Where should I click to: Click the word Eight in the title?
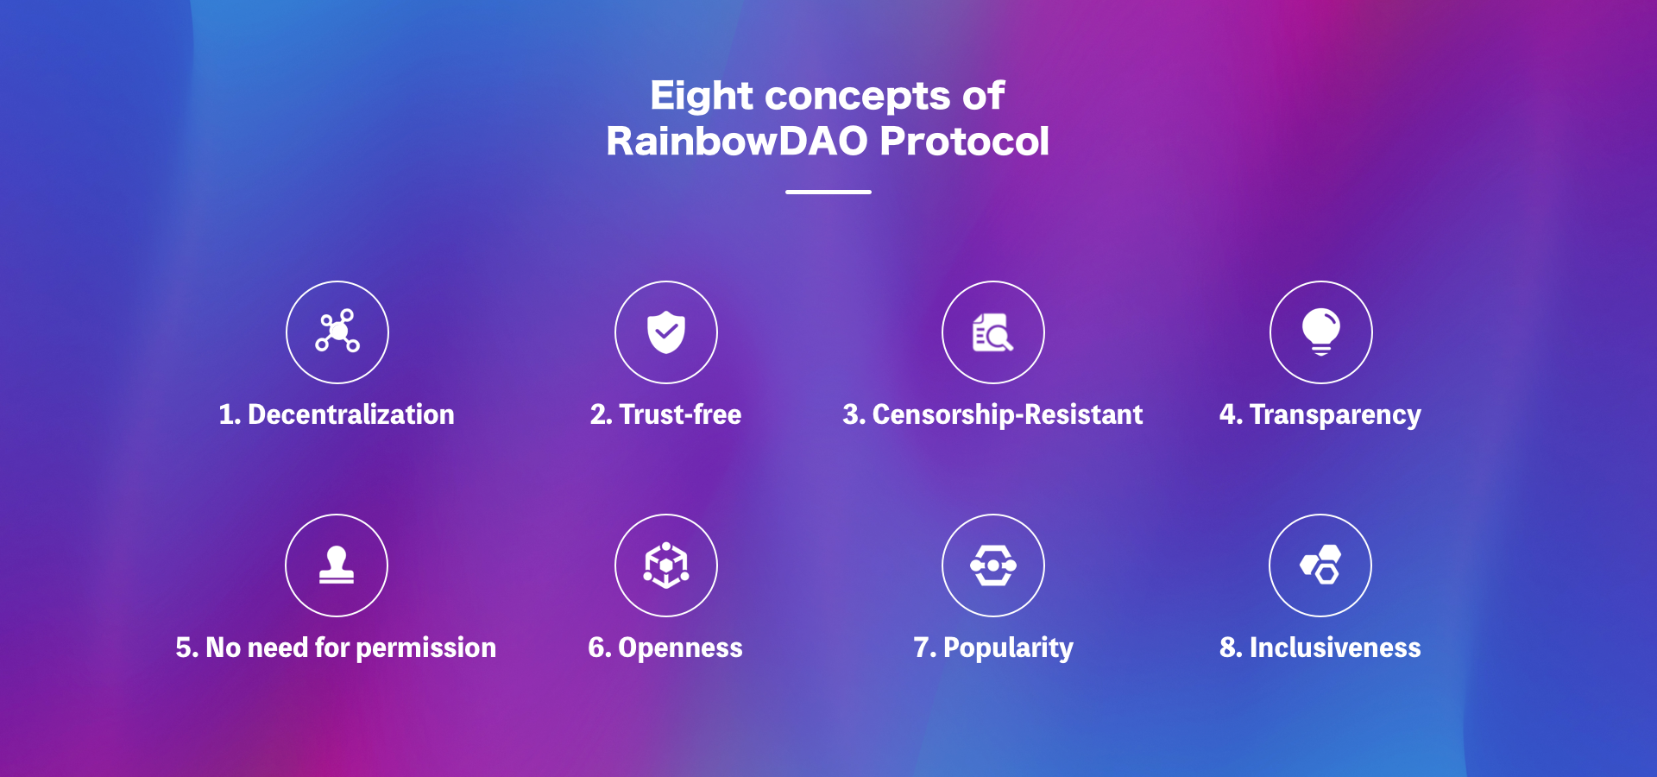702,97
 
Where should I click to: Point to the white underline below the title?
828,192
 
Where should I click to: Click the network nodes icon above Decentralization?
337,331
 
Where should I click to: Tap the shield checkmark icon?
666,332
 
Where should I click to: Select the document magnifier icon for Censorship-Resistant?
992,332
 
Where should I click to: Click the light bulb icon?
1320,332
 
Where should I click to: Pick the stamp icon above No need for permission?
337,565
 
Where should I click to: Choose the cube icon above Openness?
666,565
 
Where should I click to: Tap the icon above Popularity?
993,565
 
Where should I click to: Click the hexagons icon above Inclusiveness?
1320,565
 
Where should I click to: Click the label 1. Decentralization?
337,414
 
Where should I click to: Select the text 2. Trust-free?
665,414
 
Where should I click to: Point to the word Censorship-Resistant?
1007,415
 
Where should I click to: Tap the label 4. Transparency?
1320,415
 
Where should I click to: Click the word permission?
425,648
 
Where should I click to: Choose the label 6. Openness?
665,648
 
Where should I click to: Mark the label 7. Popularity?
993,648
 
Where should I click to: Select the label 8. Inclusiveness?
1320,647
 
